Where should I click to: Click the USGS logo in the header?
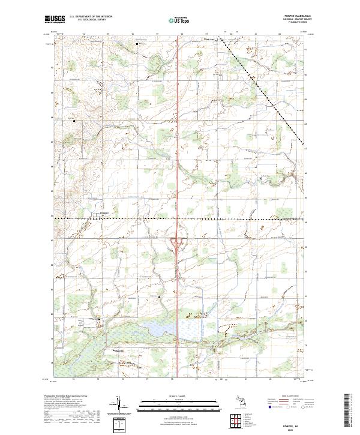(54, 19)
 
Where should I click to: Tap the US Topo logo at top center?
(178, 19)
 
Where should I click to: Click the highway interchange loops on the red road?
(178, 242)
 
